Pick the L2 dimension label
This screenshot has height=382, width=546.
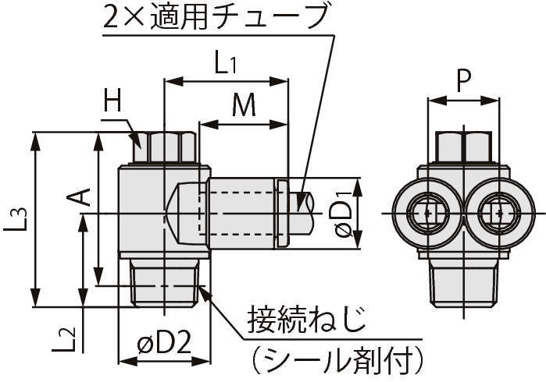[x=68, y=337]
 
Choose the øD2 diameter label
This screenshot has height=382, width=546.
[x=164, y=344]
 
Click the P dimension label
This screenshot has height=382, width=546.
[x=463, y=81]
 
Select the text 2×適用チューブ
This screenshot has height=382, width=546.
[x=214, y=17]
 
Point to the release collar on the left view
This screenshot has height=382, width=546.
[x=283, y=214]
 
